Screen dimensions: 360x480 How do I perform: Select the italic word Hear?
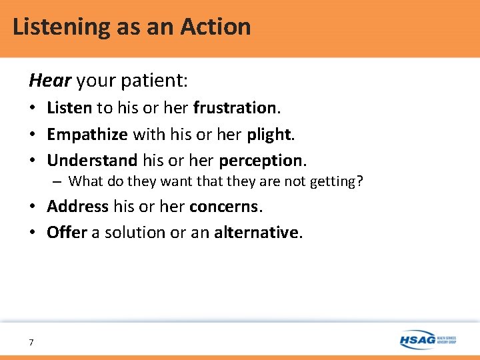(x=50, y=81)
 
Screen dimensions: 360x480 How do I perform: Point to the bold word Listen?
(x=69, y=107)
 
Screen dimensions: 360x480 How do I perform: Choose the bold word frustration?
(x=235, y=107)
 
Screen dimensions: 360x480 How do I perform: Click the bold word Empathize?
(x=87, y=134)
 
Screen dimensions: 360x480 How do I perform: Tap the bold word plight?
(x=269, y=134)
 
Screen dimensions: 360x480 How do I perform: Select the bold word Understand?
(x=92, y=161)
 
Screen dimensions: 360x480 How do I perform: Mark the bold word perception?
(x=261, y=161)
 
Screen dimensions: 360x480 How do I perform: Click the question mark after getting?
(x=360, y=181)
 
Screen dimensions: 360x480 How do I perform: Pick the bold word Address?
(x=77, y=206)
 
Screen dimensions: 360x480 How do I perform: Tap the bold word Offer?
(x=67, y=233)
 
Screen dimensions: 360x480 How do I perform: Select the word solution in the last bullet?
(x=132, y=233)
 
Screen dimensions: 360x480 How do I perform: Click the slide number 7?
(x=31, y=342)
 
